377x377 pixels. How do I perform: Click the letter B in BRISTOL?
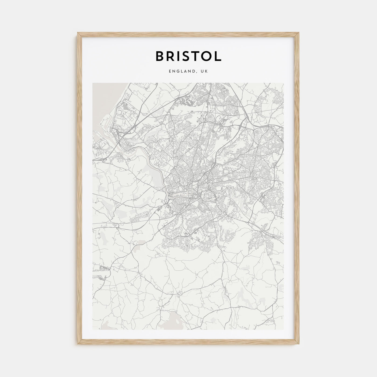point(160,56)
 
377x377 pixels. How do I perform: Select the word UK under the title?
point(205,71)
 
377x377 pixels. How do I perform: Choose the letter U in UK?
point(203,71)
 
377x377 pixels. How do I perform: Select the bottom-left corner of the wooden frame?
point(78,345)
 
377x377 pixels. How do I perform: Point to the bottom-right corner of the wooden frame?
point(299,345)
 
